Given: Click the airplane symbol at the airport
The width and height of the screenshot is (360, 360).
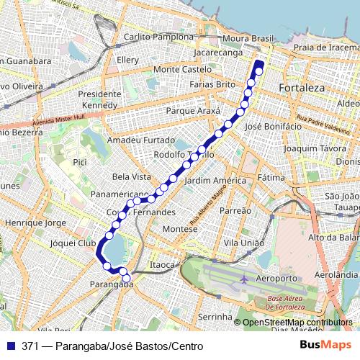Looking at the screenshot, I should pyautogui.click(x=244, y=279).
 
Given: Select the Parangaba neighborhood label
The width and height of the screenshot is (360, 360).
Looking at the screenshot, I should pyautogui.click(x=112, y=285).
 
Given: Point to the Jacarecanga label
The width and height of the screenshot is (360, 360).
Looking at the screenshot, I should pyautogui.click(x=218, y=53).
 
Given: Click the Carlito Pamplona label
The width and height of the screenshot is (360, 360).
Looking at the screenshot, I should pyautogui.click(x=158, y=37).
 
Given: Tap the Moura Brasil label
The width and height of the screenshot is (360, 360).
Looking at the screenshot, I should pyautogui.click(x=249, y=37).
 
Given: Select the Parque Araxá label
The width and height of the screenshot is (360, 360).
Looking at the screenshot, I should pyautogui.click(x=192, y=112).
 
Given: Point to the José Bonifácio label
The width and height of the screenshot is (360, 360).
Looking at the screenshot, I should pyautogui.click(x=273, y=126).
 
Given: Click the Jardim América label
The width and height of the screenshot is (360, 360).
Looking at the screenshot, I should pyautogui.click(x=211, y=181).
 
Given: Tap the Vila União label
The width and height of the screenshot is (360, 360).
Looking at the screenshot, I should pyautogui.click(x=242, y=244).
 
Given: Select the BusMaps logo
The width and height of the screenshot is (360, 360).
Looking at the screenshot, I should pyautogui.click(x=325, y=346).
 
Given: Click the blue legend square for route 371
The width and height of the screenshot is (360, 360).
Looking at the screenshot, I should pyautogui.click(x=12, y=346).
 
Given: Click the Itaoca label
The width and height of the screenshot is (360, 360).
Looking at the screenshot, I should pyautogui.click(x=162, y=265).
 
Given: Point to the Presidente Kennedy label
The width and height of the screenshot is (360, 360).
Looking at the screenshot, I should pyautogui.click(x=99, y=100).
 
